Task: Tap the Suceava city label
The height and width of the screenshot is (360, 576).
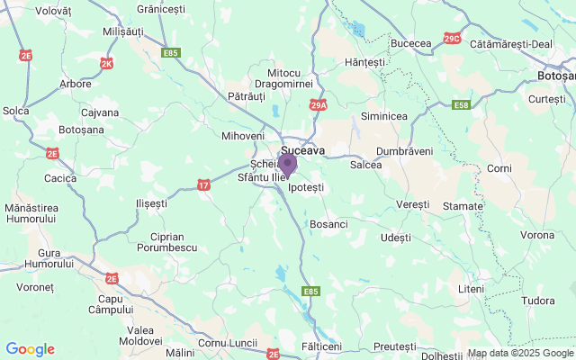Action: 303,150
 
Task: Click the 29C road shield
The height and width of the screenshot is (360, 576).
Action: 452,38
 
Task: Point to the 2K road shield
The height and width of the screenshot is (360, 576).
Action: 107,64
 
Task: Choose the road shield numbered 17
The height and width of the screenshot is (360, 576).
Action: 205,184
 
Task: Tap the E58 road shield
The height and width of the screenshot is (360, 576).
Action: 461,105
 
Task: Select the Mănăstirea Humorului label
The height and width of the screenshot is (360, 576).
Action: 30,214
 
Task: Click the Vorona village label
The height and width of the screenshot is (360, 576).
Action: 537,235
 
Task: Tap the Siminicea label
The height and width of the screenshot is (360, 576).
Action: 383,117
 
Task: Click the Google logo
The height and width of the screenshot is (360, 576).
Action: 30,349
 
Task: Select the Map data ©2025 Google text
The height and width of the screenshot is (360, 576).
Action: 519,353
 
